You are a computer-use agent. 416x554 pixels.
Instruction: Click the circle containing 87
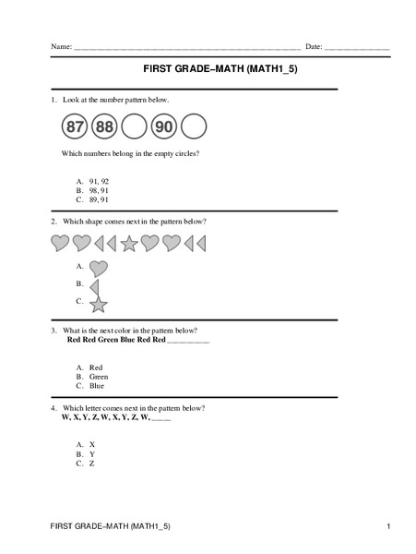[77, 126]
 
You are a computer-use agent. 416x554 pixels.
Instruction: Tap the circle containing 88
[105, 126]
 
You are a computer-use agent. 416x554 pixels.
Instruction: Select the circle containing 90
[163, 126]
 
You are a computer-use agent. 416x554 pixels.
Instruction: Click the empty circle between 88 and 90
[135, 126]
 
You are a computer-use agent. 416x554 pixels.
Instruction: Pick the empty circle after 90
[193, 126]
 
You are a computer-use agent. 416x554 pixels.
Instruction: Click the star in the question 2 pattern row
[129, 243]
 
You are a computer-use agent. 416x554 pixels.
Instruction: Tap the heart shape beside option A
[99, 268]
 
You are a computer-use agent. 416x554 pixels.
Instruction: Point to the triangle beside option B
[94, 285]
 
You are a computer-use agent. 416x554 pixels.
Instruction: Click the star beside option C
[99, 303]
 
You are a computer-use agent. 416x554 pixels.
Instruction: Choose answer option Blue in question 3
[97, 386]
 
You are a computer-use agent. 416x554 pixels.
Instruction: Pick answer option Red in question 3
[96, 367]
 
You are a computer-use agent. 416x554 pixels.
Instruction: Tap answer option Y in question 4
[92, 453]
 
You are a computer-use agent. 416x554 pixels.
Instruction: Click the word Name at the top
[61, 46]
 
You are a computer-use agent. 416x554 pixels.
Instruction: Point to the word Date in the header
[314, 46]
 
